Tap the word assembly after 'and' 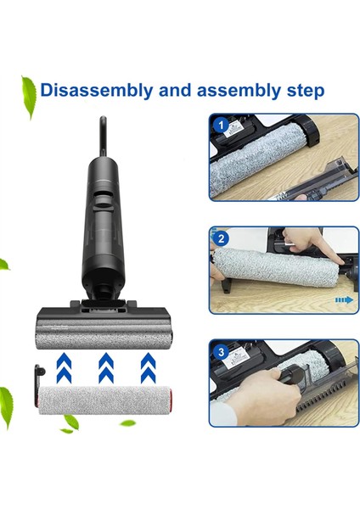click(x=232, y=89)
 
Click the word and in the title click(x=167, y=89)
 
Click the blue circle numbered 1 click(x=222, y=126)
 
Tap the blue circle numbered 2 click(x=222, y=240)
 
